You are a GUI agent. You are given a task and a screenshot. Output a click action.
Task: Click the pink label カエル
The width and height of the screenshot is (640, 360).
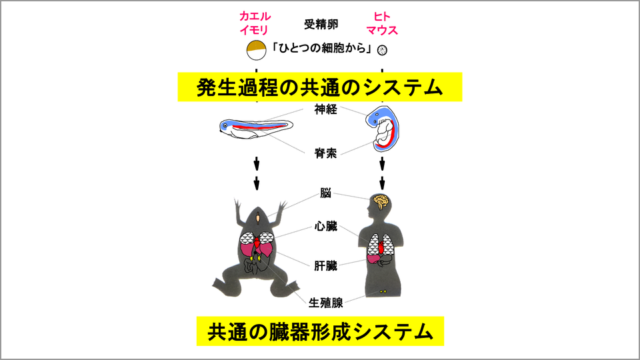[x=255, y=16]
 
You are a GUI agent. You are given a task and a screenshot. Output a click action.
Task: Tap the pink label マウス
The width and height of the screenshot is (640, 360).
[x=382, y=30]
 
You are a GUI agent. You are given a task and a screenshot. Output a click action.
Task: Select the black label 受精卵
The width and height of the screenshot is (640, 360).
[x=321, y=24]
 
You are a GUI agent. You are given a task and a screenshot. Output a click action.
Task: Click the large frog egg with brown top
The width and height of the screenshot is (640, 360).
[x=256, y=50]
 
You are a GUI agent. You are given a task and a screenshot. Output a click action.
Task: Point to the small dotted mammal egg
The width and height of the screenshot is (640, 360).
[x=382, y=50]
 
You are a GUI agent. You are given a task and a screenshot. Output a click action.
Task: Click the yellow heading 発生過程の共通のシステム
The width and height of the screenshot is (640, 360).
[x=319, y=87]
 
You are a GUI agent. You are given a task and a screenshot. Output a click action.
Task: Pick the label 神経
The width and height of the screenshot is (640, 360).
[x=326, y=109]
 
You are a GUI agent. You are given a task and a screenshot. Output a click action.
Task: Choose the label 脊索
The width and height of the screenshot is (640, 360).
[x=326, y=153]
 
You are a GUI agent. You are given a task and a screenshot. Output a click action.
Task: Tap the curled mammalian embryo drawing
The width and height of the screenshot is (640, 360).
[x=383, y=129]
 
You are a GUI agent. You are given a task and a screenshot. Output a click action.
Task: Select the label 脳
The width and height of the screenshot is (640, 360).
[x=326, y=193]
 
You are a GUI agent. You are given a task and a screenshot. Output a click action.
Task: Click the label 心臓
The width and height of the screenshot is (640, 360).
[x=326, y=226]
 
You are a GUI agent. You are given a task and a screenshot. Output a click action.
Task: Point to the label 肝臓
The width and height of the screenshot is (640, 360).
[x=326, y=266]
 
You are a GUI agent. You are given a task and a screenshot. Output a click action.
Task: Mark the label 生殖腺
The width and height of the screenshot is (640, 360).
[x=326, y=303]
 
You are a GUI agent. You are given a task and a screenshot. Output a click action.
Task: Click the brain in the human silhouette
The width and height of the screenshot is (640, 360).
[x=381, y=202]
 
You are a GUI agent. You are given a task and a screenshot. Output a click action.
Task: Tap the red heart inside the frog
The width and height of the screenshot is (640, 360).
[x=257, y=245]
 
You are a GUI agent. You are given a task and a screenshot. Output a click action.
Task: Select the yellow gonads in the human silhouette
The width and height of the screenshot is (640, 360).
[x=383, y=291]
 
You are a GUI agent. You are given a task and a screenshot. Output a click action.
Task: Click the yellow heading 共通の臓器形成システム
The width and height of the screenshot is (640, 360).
[x=320, y=331]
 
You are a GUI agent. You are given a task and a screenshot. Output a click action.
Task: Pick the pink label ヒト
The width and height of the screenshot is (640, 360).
[x=382, y=16]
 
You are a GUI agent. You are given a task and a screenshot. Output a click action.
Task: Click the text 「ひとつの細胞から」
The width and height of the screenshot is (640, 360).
[x=321, y=49]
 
